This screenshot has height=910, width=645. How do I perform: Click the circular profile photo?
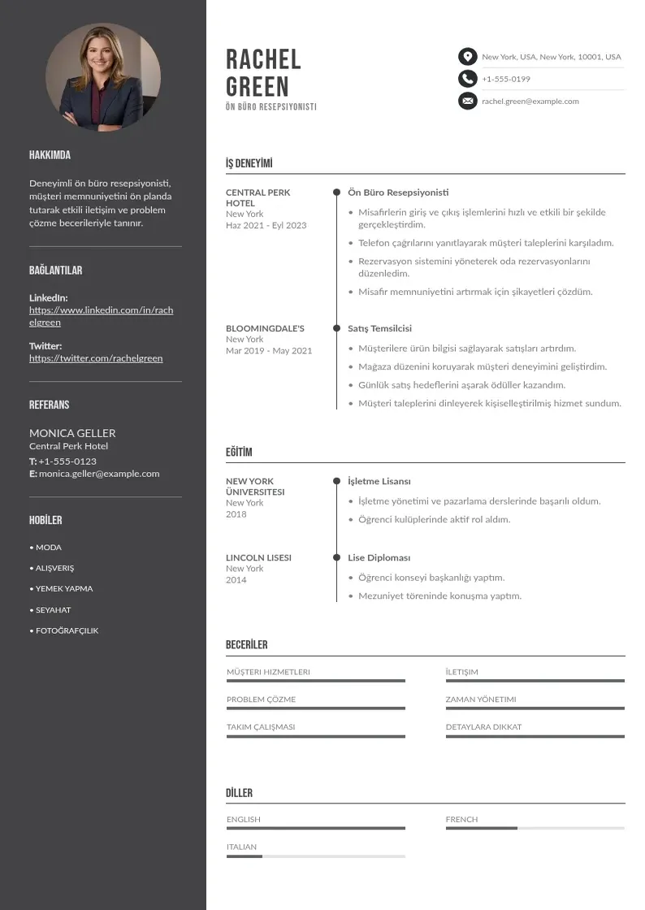pyautogui.click(x=103, y=78)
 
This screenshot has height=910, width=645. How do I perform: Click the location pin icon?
pyautogui.click(x=467, y=57)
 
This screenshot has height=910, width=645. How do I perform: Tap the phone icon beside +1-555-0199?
pyautogui.click(x=467, y=79)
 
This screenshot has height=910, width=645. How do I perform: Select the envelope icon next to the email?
pyautogui.click(x=467, y=102)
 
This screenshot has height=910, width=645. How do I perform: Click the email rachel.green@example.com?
pyautogui.click(x=530, y=102)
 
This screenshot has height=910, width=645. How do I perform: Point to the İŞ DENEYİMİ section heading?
pyautogui.click(x=249, y=163)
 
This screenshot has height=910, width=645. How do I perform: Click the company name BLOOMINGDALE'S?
pyautogui.click(x=265, y=328)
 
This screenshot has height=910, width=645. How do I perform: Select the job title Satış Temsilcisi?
pyautogui.click(x=379, y=328)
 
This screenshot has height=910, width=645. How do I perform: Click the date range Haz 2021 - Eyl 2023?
pyautogui.click(x=266, y=225)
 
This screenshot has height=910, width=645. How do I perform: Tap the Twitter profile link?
pyautogui.click(x=96, y=358)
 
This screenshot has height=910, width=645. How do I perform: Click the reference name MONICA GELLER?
pyautogui.click(x=72, y=433)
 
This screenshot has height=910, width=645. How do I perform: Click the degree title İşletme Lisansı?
pyautogui.click(x=379, y=481)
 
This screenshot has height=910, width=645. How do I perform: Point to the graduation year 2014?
pyautogui.click(x=236, y=580)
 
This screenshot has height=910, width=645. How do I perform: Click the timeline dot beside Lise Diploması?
pyautogui.click(x=336, y=557)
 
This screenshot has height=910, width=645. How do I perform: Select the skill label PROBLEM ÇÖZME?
pyautogui.click(x=261, y=700)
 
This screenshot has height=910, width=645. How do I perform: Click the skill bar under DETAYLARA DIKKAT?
pyautogui.click(x=535, y=736)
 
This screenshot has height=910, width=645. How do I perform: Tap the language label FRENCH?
pyautogui.click(x=461, y=820)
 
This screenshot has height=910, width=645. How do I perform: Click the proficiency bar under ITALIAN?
pyautogui.click(x=315, y=856)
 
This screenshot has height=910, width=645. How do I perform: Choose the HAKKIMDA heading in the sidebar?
pyautogui.click(x=50, y=155)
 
